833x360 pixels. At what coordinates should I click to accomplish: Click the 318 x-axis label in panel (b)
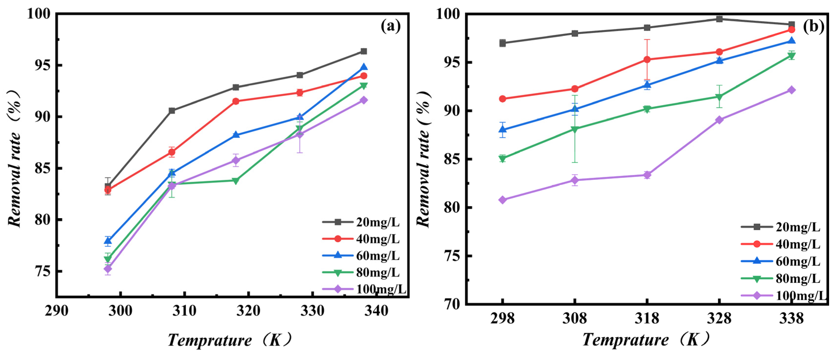(647, 319)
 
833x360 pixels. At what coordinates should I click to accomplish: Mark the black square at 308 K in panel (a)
(172, 111)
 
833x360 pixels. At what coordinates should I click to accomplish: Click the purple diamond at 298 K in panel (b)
(502, 200)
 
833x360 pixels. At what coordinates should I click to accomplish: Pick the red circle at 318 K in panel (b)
(647, 59)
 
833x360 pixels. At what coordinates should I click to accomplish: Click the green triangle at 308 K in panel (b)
(575, 129)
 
